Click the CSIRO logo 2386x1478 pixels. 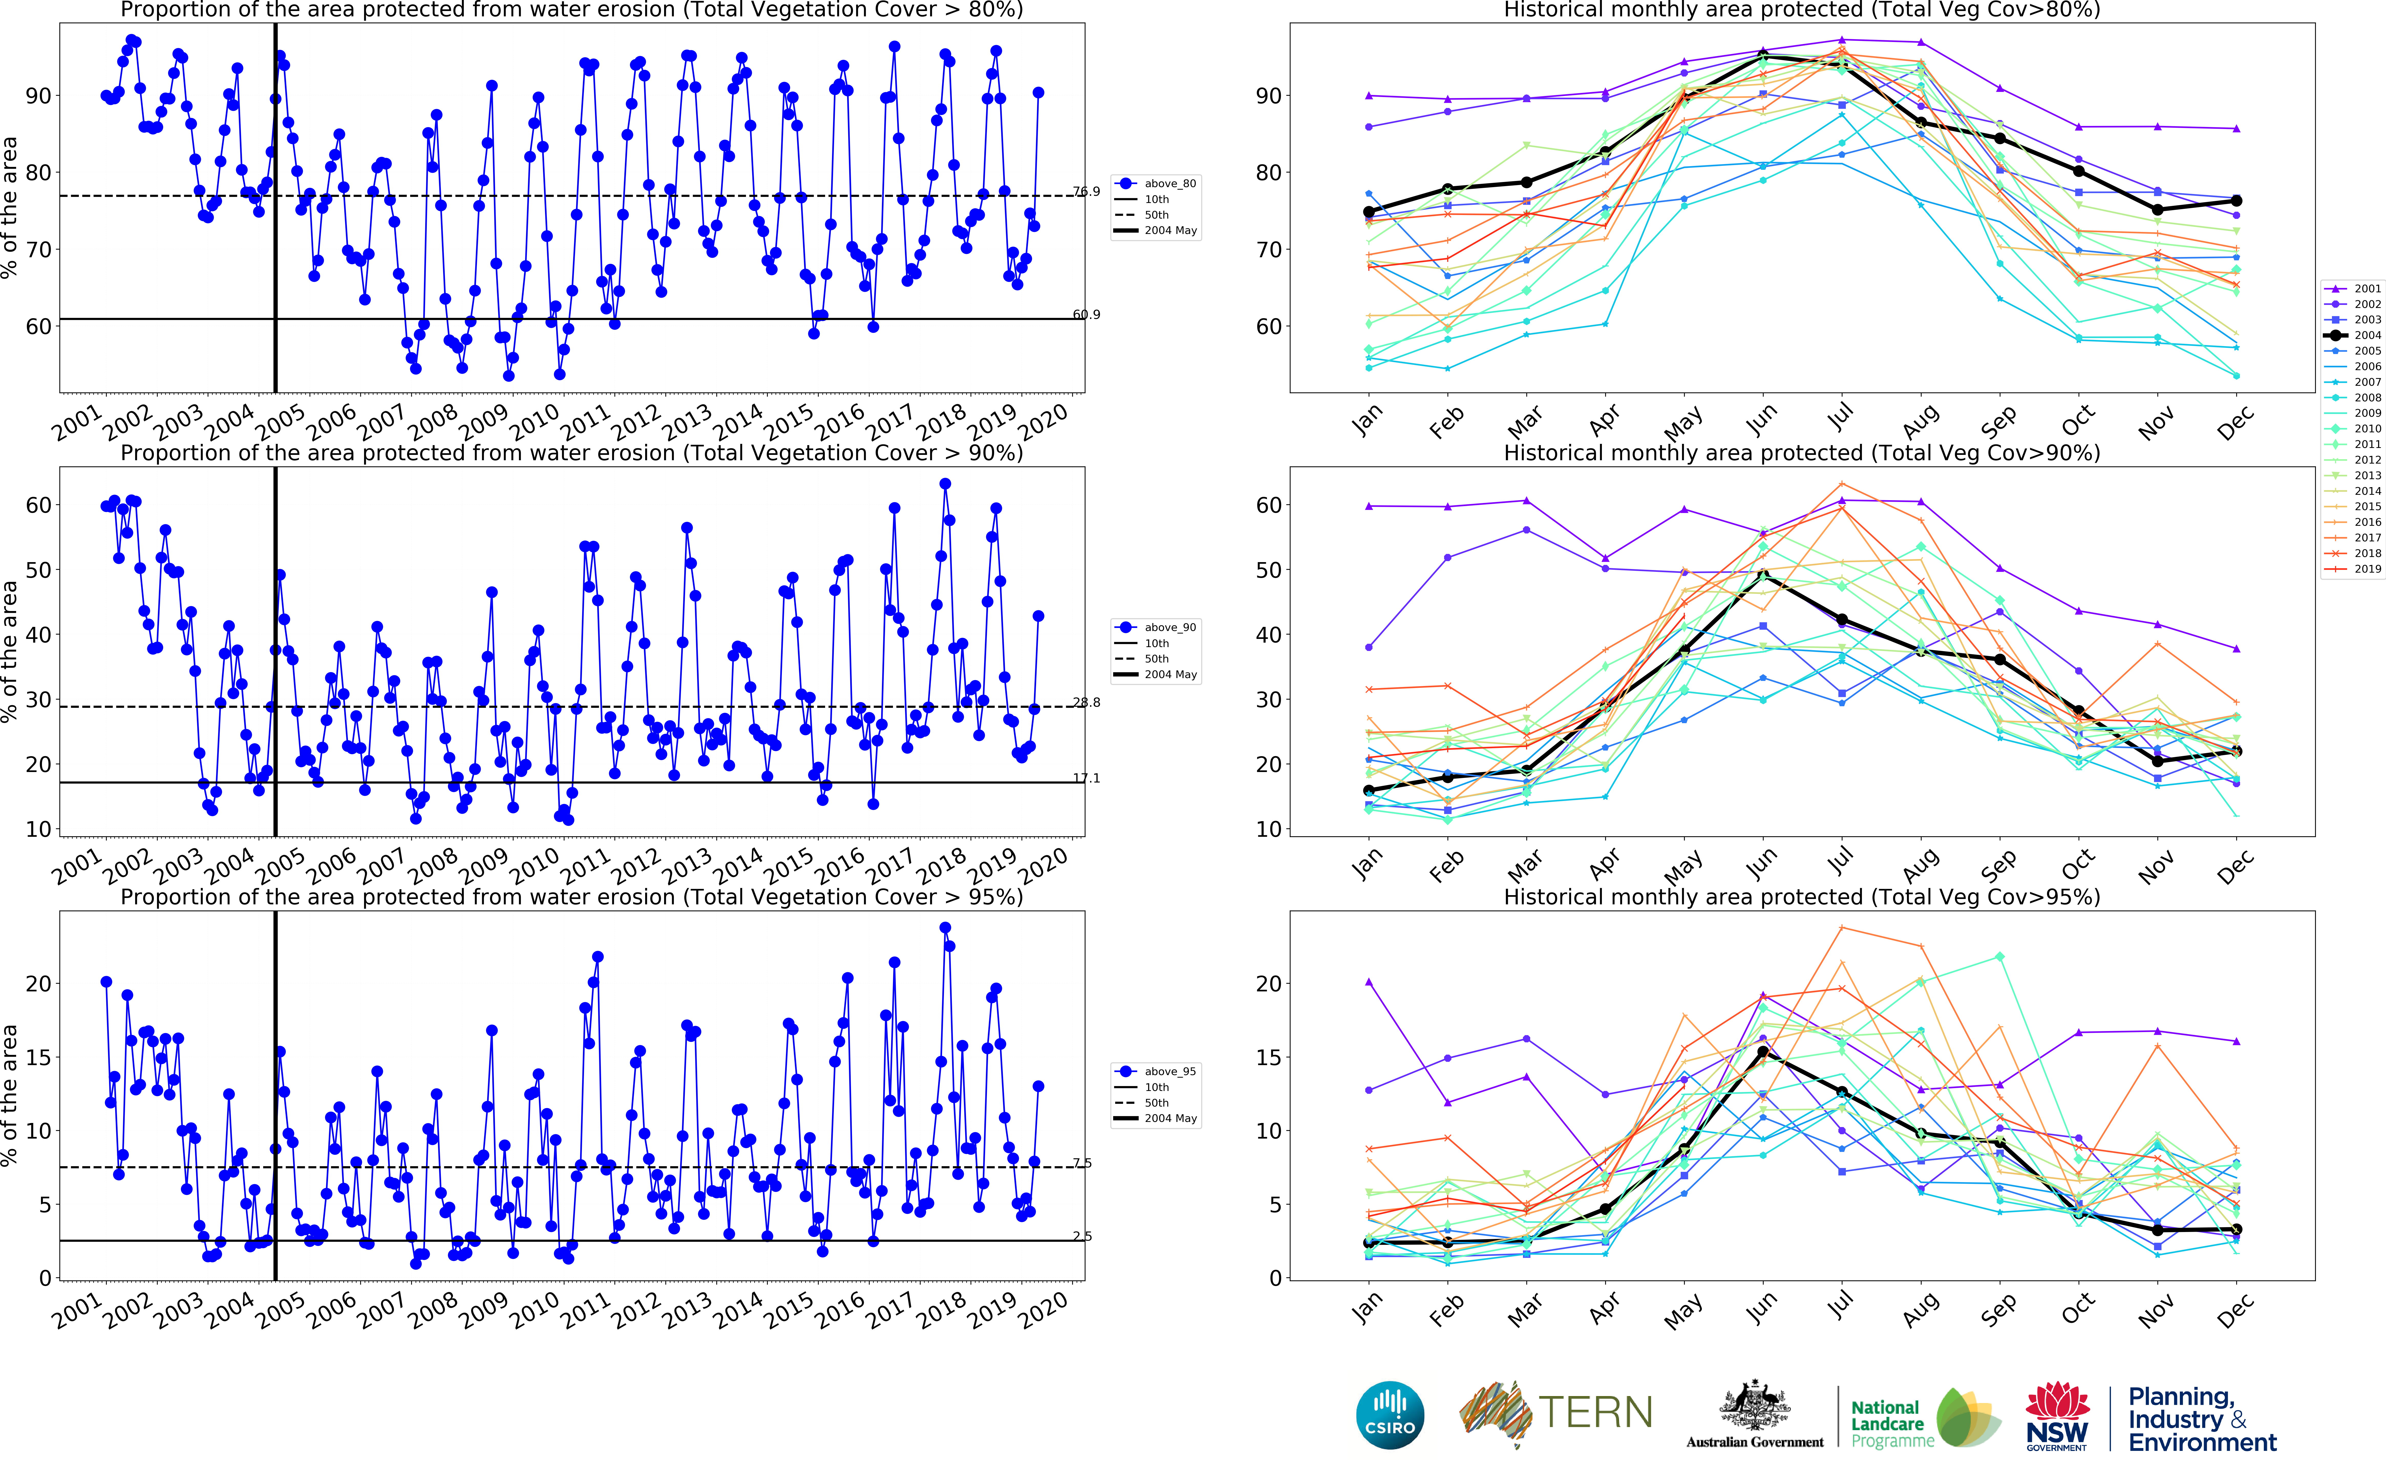point(1390,1416)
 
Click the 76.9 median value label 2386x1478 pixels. point(1086,191)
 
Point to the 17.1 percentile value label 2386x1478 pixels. point(1086,778)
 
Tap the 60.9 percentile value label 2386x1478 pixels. point(1086,315)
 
